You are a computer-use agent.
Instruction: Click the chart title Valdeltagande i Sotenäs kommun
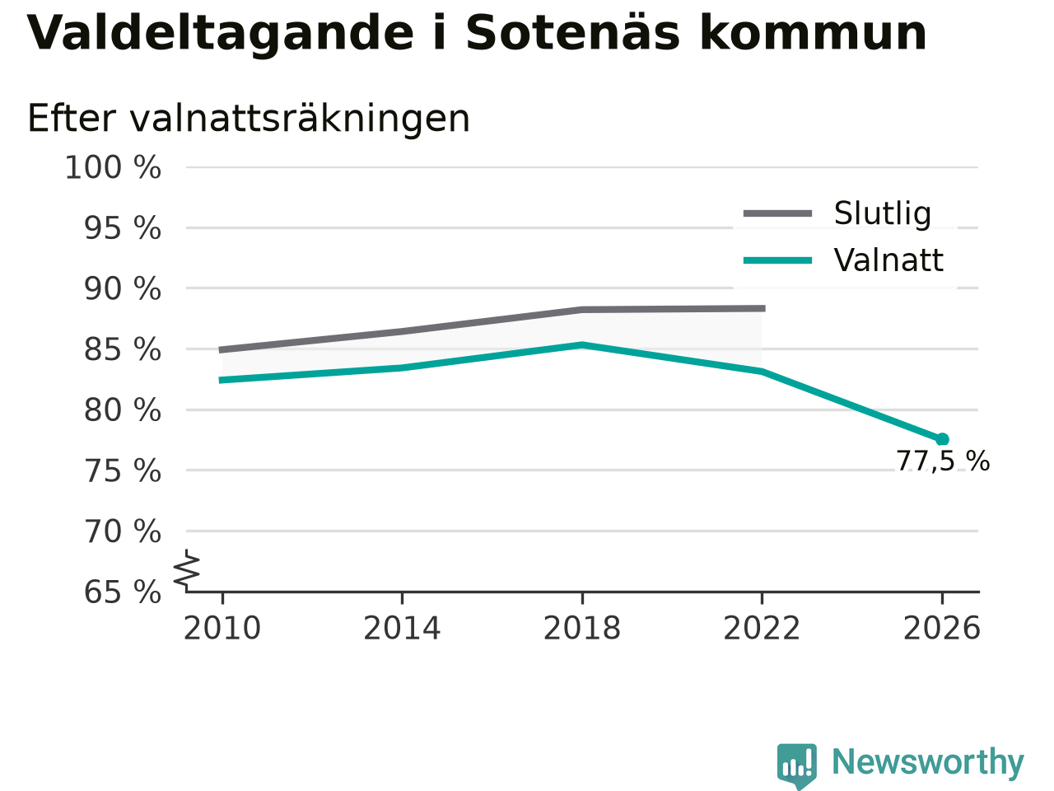point(476,34)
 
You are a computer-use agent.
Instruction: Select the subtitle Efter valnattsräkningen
point(249,119)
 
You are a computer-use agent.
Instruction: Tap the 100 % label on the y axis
point(113,168)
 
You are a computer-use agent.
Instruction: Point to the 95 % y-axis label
point(123,228)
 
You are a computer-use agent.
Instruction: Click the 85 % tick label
point(123,349)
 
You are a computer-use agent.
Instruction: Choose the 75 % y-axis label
point(123,471)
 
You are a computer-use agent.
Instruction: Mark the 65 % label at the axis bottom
point(123,592)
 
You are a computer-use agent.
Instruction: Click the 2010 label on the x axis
point(222,628)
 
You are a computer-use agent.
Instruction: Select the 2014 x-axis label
point(402,628)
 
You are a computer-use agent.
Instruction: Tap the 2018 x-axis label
point(582,628)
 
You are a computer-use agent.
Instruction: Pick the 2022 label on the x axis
point(762,628)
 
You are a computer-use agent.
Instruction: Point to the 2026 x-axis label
point(942,628)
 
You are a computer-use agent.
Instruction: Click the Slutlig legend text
point(883,213)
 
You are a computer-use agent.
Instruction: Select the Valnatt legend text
point(888,260)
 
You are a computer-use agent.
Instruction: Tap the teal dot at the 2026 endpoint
point(942,439)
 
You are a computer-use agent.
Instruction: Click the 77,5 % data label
point(943,461)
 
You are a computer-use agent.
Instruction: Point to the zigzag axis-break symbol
point(186,570)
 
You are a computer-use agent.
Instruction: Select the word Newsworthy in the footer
point(928,762)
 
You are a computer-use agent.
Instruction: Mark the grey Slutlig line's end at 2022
point(764,308)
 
